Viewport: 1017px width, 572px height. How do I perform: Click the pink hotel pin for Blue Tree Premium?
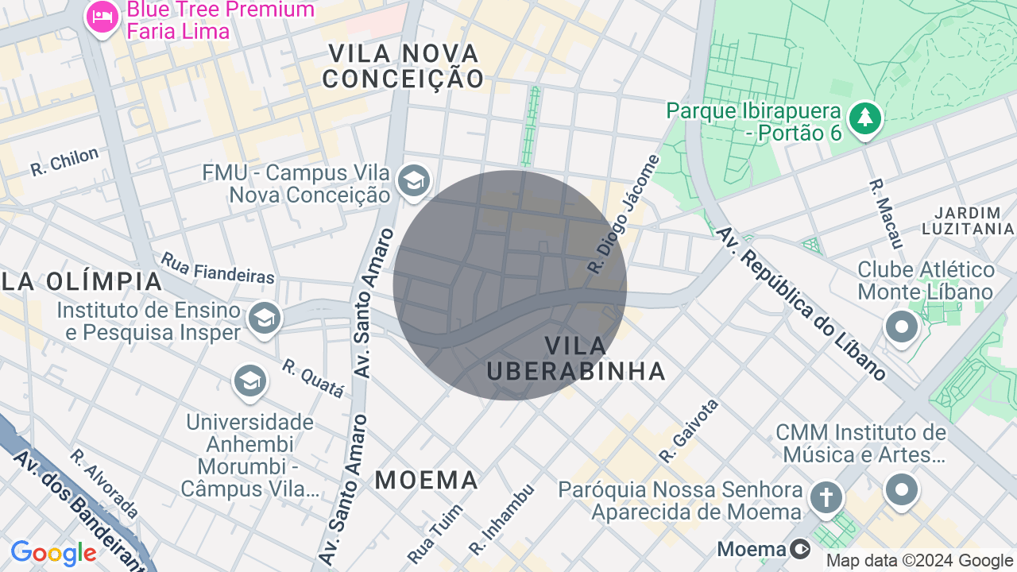tap(102, 17)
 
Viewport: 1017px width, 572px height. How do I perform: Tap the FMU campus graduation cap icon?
tap(413, 181)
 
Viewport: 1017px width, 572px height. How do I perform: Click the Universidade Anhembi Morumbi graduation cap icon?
tap(249, 381)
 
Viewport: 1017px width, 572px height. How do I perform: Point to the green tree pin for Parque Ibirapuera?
tap(864, 119)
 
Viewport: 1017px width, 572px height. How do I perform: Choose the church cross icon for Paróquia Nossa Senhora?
tap(826, 498)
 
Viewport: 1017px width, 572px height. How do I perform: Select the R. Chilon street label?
tap(64, 161)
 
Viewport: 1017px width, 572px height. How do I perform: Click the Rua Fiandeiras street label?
tap(218, 268)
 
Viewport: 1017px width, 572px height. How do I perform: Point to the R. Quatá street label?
tap(313, 378)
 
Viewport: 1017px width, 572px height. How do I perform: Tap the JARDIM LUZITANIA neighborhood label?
tap(968, 221)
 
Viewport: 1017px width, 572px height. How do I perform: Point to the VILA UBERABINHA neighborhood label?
tap(576, 358)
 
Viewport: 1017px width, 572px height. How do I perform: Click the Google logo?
tap(53, 553)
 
